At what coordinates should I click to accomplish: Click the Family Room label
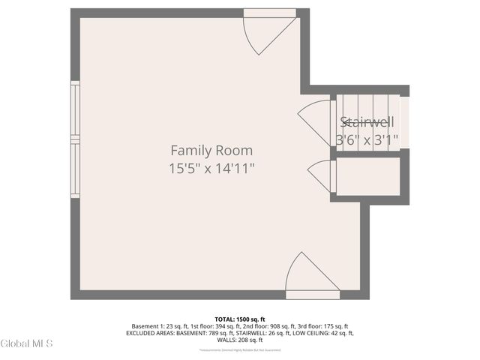(x=211, y=150)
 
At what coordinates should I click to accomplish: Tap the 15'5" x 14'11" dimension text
(x=211, y=169)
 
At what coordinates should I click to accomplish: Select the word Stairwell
(x=367, y=122)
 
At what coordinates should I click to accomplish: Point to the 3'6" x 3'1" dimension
(x=367, y=139)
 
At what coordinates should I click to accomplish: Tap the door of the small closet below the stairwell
(x=320, y=175)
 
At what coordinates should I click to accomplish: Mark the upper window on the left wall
(x=75, y=109)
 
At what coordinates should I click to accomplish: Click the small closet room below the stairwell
(x=367, y=176)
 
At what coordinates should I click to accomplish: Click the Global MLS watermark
(x=27, y=343)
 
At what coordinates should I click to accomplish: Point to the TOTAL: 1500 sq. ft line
(x=240, y=319)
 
